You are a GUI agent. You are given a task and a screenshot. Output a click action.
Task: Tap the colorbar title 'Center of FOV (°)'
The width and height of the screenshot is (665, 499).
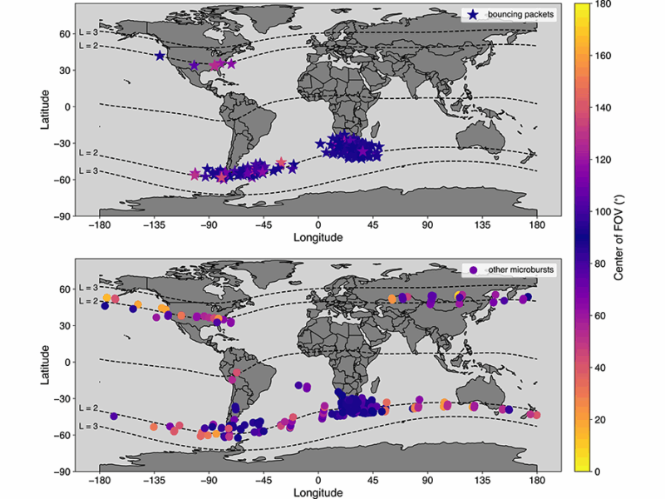point(619,236)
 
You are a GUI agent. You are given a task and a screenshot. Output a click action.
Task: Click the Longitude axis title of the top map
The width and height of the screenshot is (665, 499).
point(318,238)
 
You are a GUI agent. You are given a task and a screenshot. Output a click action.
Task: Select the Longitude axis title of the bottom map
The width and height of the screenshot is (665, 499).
point(318,492)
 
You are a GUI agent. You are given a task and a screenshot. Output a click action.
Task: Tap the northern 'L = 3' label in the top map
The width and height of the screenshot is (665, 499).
point(88,32)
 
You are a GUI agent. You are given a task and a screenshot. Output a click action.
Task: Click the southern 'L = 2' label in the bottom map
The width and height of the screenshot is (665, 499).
point(88,408)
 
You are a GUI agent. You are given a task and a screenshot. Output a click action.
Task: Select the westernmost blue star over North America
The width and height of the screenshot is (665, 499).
point(160,56)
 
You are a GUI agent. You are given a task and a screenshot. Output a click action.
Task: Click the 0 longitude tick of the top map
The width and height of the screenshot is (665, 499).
point(318,225)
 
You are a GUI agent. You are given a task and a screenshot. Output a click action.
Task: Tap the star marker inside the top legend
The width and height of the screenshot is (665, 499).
point(472,14)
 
